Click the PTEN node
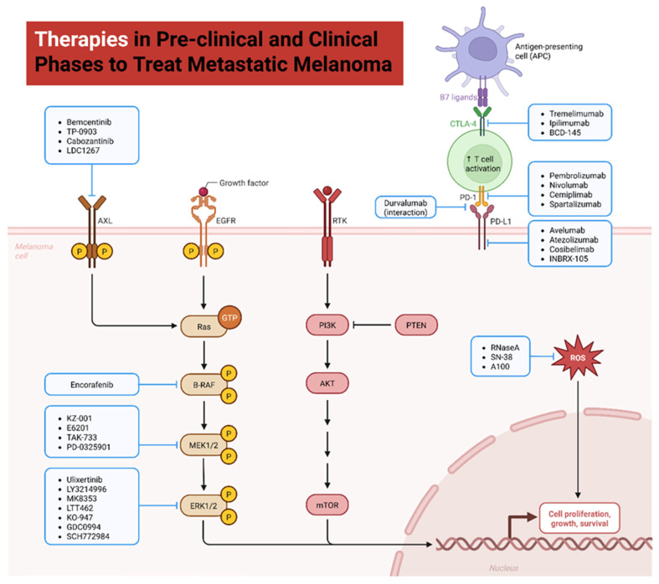coord(416,325)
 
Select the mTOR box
coord(327,505)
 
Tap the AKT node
coord(327,383)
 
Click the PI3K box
coord(327,325)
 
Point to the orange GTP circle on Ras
coord(229,318)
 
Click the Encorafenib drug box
coord(91,385)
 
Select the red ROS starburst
coord(578,358)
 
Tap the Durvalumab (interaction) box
coord(405,207)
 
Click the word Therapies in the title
coord(81,39)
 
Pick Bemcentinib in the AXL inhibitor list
coord(89,122)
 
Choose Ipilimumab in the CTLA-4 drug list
coord(569,123)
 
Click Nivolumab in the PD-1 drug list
coord(569,185)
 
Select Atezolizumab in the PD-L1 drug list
coord(574,240)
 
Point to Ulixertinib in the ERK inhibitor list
coord(84,479)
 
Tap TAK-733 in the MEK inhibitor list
coord(81,438)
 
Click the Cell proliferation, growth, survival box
coord(579,519)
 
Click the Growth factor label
coord(244,183)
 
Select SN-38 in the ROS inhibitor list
coord(502,357)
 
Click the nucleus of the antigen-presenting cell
coord(483,49)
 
